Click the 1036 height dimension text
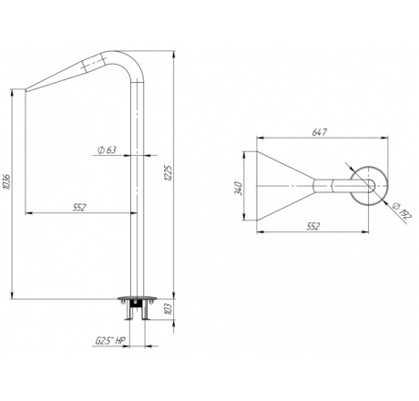pyautogui.click(x=7, y=181)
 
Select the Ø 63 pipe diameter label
pyautogui.click(x=107, y=149)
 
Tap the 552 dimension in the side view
pyautogui.click(x=79, y=208)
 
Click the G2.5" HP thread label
pyautogui.click(x=110, y=341)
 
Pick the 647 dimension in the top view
pyautogui.click(x=320, y=132)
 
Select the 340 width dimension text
pyautogui.click(x=240, y=189)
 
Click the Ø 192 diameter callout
pyautogui.click(x=402, y=210)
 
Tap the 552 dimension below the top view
pyautogui.click(x=313, y=226)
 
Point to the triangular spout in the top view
pyautogui.click(x=285, y=186)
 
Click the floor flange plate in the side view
pyautogui.click(x=138, y=299)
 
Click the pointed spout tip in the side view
pyautogui.click(x=26, y=90)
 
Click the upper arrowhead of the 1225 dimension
pyautogui.click(x=174, y=55)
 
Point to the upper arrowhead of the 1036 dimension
pyautogui.click(x=12, y=93)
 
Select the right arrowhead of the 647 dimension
pyautogui.click(x=384, y=139)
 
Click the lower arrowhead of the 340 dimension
pyautogui.click(x=244, y=216)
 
